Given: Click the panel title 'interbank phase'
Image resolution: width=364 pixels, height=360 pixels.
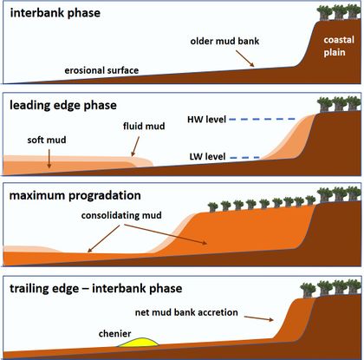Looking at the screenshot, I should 55,16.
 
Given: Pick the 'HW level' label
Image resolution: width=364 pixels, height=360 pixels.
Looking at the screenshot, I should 206,119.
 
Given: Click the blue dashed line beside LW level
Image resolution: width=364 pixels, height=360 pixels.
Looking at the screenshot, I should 246,157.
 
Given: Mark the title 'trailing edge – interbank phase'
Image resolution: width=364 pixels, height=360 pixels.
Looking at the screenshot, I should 99,286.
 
